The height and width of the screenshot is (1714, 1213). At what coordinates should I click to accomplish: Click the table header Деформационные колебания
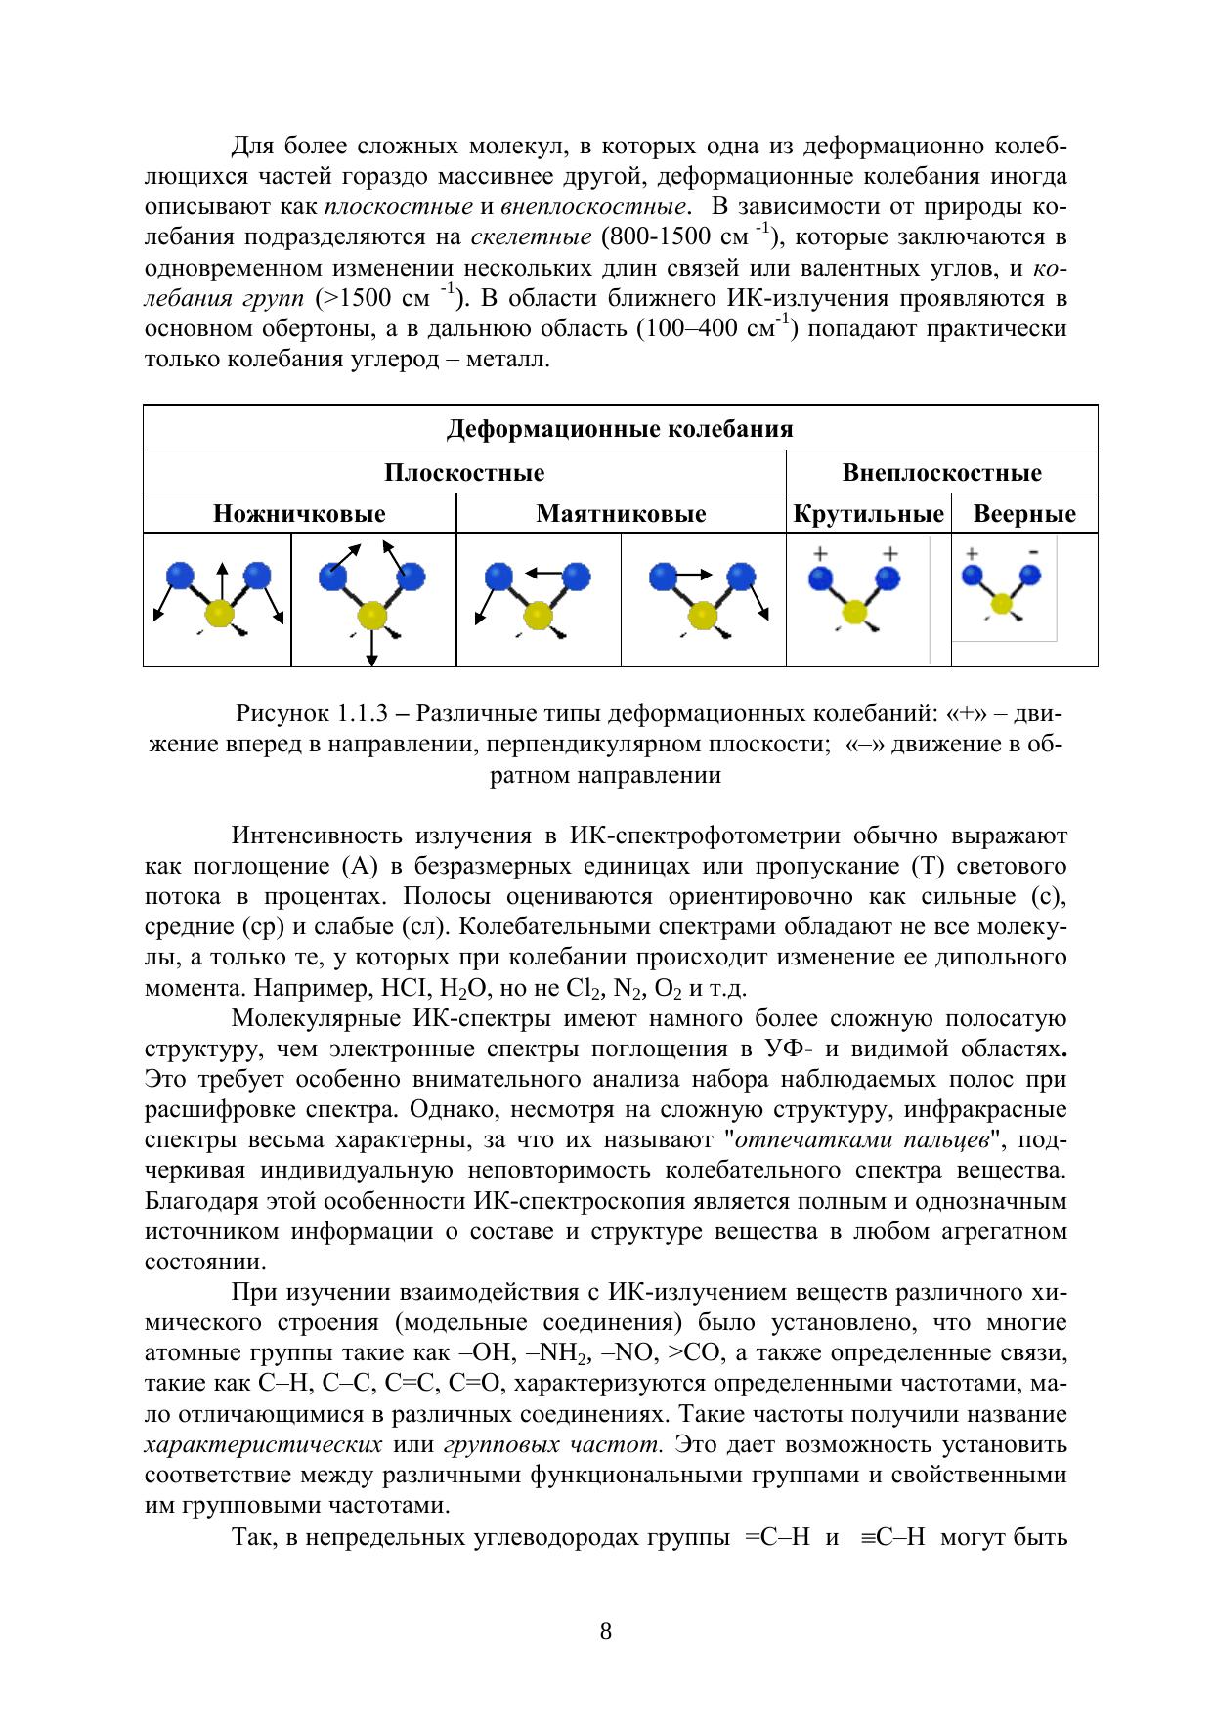(620, 429)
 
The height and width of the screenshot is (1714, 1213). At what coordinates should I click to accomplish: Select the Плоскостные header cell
(464, 473)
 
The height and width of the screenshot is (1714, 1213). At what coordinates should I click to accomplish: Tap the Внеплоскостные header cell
(941, 473)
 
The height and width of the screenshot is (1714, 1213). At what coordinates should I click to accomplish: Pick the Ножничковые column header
(299, 514)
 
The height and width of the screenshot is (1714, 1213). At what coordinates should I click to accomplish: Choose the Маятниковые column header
(621, 514)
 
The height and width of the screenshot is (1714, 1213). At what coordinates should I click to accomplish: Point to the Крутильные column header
(868, 514)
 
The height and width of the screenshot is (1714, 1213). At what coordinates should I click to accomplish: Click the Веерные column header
(1024, 514)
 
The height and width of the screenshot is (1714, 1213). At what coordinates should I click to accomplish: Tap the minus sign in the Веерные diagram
(1033, 552)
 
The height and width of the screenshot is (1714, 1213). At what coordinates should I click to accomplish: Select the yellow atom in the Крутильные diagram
(855, 612)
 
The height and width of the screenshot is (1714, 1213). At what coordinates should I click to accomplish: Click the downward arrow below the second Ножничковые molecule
(372, 649)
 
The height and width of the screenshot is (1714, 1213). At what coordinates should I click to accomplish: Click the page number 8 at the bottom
(606, 1630)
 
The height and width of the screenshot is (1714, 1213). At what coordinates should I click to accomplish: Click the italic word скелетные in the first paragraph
(531, 237)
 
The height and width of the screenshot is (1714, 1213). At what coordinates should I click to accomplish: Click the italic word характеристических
(263, 1444)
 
